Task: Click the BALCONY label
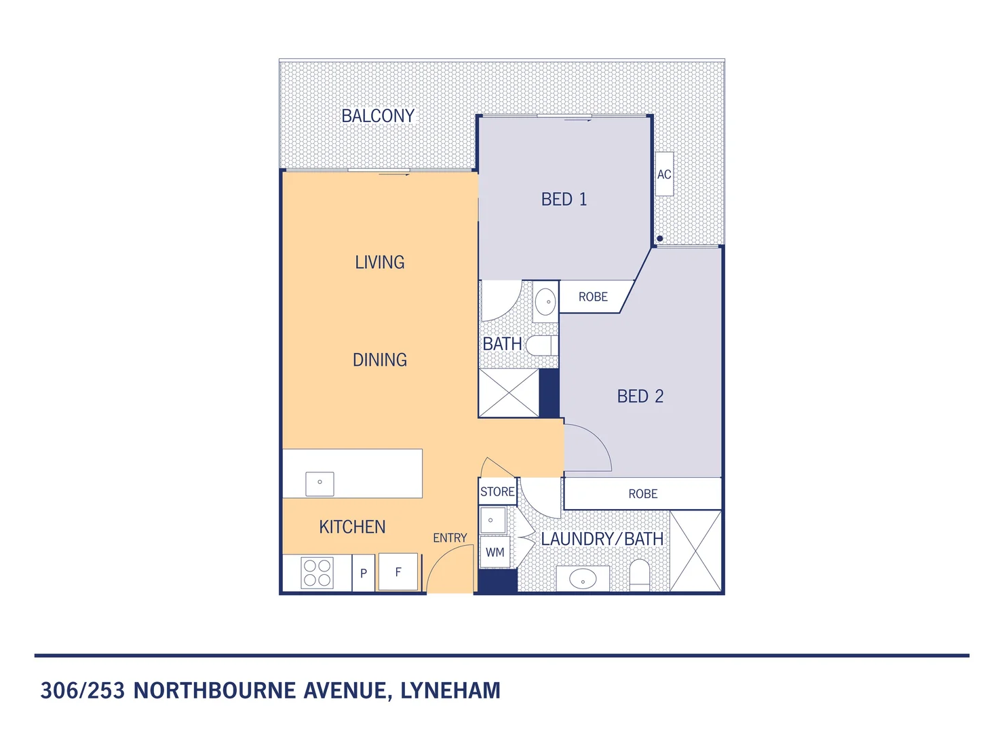[378, 116]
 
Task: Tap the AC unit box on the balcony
[664, 174]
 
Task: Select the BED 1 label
[564, 200]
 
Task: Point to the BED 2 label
[640, 396]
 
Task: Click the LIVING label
[379, 263]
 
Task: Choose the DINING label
[379, 360]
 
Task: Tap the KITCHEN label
[352, 527]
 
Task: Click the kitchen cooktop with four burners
[317, 573]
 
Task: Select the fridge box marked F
[398, 572]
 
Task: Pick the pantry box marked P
[364, 574]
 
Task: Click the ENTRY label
[450, 538]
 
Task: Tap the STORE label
[497, 492]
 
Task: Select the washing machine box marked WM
[495, 552]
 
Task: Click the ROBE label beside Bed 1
[593, 297]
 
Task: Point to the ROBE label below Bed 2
[642, 494]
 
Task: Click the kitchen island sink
[320, 483]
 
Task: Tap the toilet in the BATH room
[541, 345]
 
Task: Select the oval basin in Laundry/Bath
[583, 580]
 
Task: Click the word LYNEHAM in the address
[450, 691]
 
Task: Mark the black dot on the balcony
[659, 239]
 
